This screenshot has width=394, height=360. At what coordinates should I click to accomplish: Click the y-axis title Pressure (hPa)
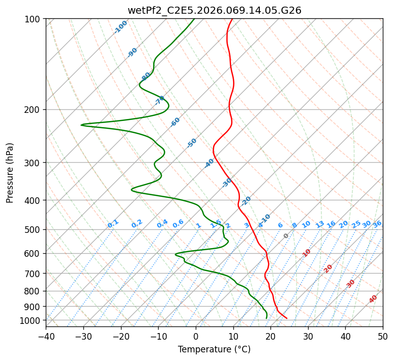tap(10, 173)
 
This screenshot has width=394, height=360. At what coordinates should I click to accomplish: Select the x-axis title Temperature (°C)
tap(214, 349)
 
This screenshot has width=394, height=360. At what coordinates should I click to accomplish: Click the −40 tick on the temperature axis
tap(46, 336)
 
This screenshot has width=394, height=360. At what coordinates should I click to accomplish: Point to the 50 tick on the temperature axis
tap(383, 336)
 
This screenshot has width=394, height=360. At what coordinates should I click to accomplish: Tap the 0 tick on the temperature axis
tap(196, 336)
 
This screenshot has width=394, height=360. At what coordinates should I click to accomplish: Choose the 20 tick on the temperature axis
tap(270, 336)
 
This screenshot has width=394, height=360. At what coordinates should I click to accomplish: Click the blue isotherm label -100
tap(121, 27)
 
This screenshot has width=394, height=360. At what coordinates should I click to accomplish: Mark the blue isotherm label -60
tap(175, 122)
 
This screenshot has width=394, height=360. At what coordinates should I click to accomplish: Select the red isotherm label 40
tap(373, 299)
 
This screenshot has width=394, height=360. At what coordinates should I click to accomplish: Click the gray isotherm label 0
tap(286, 236)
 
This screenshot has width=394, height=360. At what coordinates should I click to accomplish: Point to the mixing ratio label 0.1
tap(113, 223)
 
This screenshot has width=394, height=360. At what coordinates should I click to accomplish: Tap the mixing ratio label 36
tap(377, 224)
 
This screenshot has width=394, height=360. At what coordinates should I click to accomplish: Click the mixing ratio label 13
tap(320, 224)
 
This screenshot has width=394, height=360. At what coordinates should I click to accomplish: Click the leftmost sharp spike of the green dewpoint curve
tap(81, 125)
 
